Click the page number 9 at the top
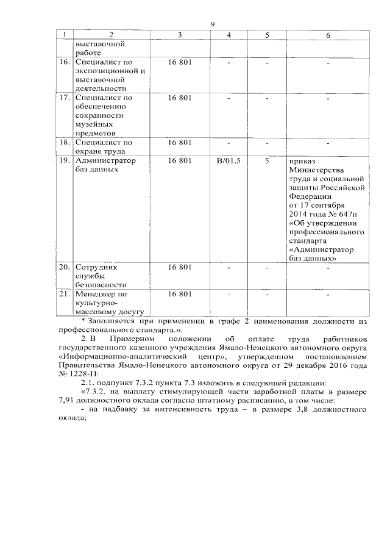(213, 24)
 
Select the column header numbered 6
(328, 35)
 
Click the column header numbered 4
(229, 35)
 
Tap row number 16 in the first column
(63, 62)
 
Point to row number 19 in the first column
(63, 160)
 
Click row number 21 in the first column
(63, 294)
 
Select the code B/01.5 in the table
(229, 160)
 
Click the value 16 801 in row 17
(180, 98)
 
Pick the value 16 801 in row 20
(180, 267)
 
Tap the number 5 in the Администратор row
(267, 160)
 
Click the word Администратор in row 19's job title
(103, 160)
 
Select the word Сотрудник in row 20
(95, 267)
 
